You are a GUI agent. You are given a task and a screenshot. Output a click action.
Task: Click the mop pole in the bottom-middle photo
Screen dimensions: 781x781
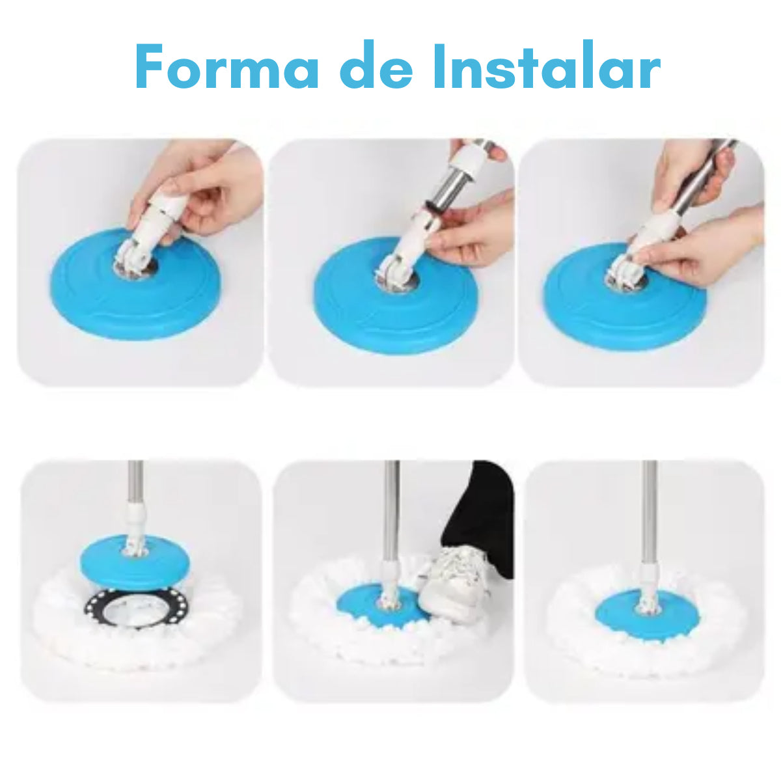pyautogui.click(x=390, y=508)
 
